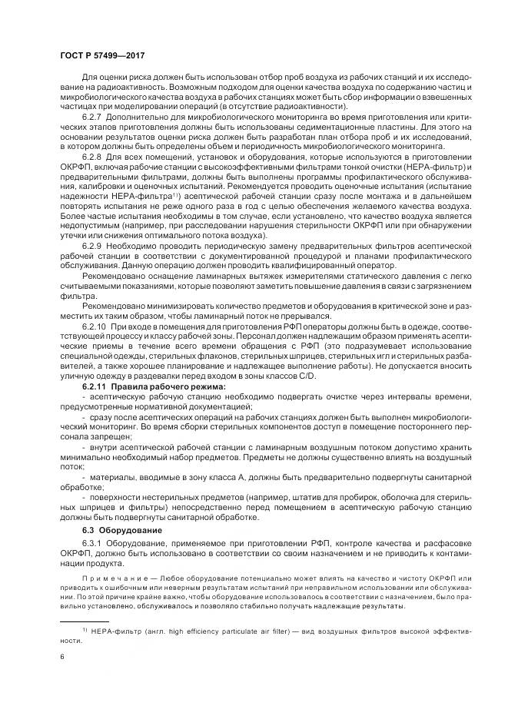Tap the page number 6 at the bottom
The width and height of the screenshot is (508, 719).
click(62, 658)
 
